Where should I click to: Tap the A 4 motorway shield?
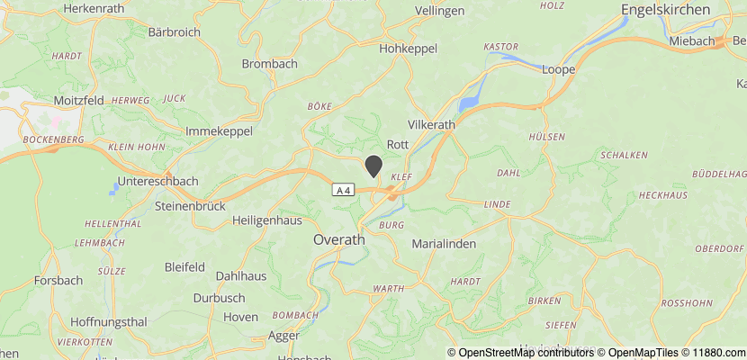pos(343,190)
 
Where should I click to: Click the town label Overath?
pos(339,239)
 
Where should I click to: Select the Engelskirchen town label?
pos(666,10)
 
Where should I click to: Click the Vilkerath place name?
pos(432,124)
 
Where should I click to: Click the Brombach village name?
pos(270,64)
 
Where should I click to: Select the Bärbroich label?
pos(172,32)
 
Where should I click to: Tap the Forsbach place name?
pos(58,281)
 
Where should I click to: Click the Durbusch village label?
pos(219,297)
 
